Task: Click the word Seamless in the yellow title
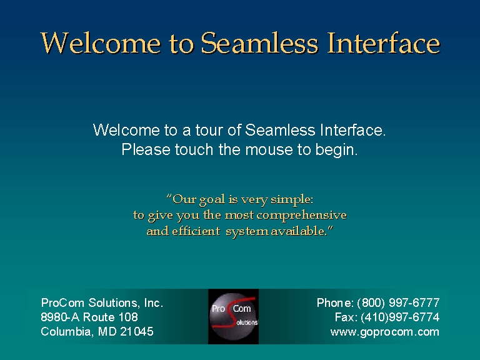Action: [x=259, y=43]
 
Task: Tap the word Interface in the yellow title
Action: [x=384, y=43]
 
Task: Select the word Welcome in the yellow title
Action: [x=101, y=43]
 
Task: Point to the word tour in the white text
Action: [x=209, y=130]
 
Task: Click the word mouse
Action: [x=269, y=150]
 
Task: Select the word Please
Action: [x=146, y=150]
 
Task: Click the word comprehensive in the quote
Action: [x=301, y=216]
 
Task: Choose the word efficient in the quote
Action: [x=196, y=231]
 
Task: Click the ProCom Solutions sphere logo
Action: [x=234, y=316]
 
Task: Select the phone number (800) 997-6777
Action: [x=398, y=302]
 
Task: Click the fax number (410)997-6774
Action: [x=400, y=317]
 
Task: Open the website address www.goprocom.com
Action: [x=385, y=332]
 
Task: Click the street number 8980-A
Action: [x=60, y=317]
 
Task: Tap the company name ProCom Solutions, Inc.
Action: [x=102, y=302]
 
